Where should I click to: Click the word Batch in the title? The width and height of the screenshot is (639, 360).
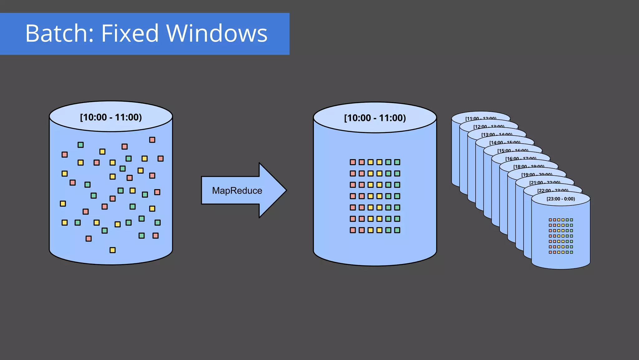pos(59,33)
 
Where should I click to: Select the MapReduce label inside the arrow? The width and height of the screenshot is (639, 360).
pos(237,190)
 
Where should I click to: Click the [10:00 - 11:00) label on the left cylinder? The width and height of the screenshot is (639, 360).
pos(111,117)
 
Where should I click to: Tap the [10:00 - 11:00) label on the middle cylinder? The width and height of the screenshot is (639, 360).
pos(375,118)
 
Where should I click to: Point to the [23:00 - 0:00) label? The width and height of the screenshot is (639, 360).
pos(561,199)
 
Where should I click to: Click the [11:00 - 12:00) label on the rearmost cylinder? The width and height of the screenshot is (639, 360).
pos(481,119)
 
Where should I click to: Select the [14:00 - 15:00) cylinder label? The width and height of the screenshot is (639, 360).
pos(505,143)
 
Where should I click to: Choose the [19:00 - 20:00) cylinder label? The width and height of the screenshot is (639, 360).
pos(537,175)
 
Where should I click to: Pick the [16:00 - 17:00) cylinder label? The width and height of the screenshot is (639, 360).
pos(521,159)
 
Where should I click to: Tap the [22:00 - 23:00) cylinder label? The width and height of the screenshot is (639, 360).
pos(553,191)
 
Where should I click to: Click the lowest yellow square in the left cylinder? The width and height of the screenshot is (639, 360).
pos(113,250)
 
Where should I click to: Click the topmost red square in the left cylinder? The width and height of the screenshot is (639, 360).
pos(152,140)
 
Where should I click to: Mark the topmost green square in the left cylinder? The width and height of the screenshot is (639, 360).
pos(80,145)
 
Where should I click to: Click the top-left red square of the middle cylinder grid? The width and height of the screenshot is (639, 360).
pos(353,162)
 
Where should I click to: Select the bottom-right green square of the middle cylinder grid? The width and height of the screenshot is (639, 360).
pos(397,230)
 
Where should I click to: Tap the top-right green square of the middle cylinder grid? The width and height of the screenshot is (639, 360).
pos(397,162)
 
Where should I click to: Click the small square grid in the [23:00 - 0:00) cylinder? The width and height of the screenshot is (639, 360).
pos(561,236)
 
